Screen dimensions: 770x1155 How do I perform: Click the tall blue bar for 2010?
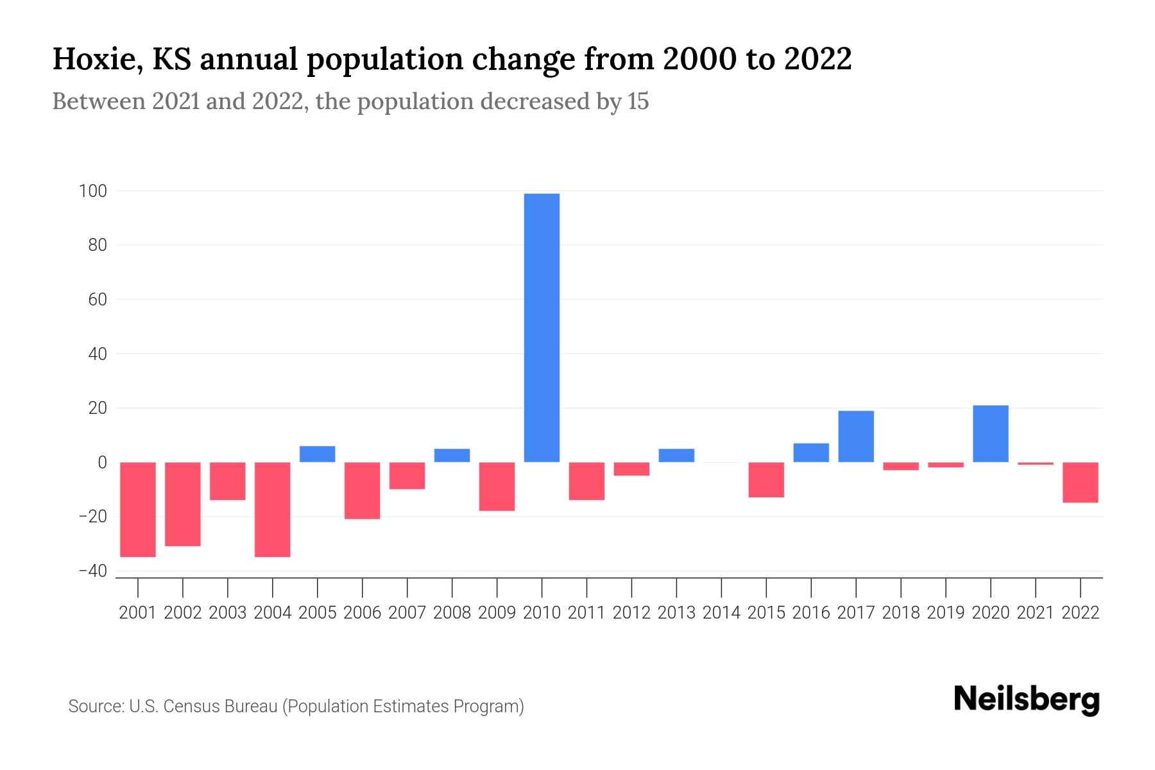pyautogui.click(x=542, y=327)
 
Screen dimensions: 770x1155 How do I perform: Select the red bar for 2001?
pyautogui.click(x=138, y=509)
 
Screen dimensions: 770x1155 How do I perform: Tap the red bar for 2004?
pyautogui.click(x=273, y=509)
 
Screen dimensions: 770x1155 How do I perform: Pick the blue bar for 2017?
pyautogui.click(x=856, y=436)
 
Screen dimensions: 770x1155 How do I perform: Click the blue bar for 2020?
pyautogui.click(x=990, y=434)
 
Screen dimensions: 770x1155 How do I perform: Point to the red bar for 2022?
pyautogui.click(x=1080, y=482)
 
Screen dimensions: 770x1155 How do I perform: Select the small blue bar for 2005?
pyautogui.click(x=317, y=454)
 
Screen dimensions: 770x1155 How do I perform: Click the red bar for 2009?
pyautogui.click(x=497, y=486)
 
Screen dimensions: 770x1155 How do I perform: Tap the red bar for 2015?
pyautogui.click(x=766, y=479)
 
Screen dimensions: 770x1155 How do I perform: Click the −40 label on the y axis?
pyautogui.click(x=93, y=571)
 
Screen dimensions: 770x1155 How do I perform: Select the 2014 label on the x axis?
pyautogui.click(x=721, y=613)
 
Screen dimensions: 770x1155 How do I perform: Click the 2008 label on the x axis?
pyautogui.click(x=452, y=613)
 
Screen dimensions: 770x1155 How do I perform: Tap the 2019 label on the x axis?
pyautogui.click(x=945, y=613)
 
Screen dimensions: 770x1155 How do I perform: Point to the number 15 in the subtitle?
pyautogui.click(x=638, y=102)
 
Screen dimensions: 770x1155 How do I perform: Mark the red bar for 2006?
pyautogui.click(x=362, y=490)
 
